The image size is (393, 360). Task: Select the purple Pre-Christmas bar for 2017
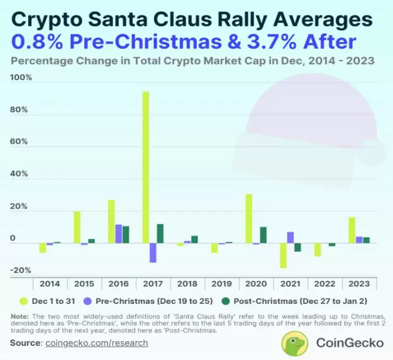(x=153, y=253)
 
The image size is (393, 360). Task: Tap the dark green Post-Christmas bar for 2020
(x=263, y=235)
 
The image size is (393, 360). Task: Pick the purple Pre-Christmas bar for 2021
(x=290, y=238)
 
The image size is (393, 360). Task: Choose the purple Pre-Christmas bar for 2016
(x=119, y=234)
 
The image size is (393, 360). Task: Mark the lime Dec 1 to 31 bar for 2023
(x=352, y=230)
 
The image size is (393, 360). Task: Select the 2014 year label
(x=49, y=284)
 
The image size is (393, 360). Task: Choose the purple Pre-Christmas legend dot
(x=88, y=300)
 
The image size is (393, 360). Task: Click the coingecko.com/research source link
(x=97, y=343)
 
